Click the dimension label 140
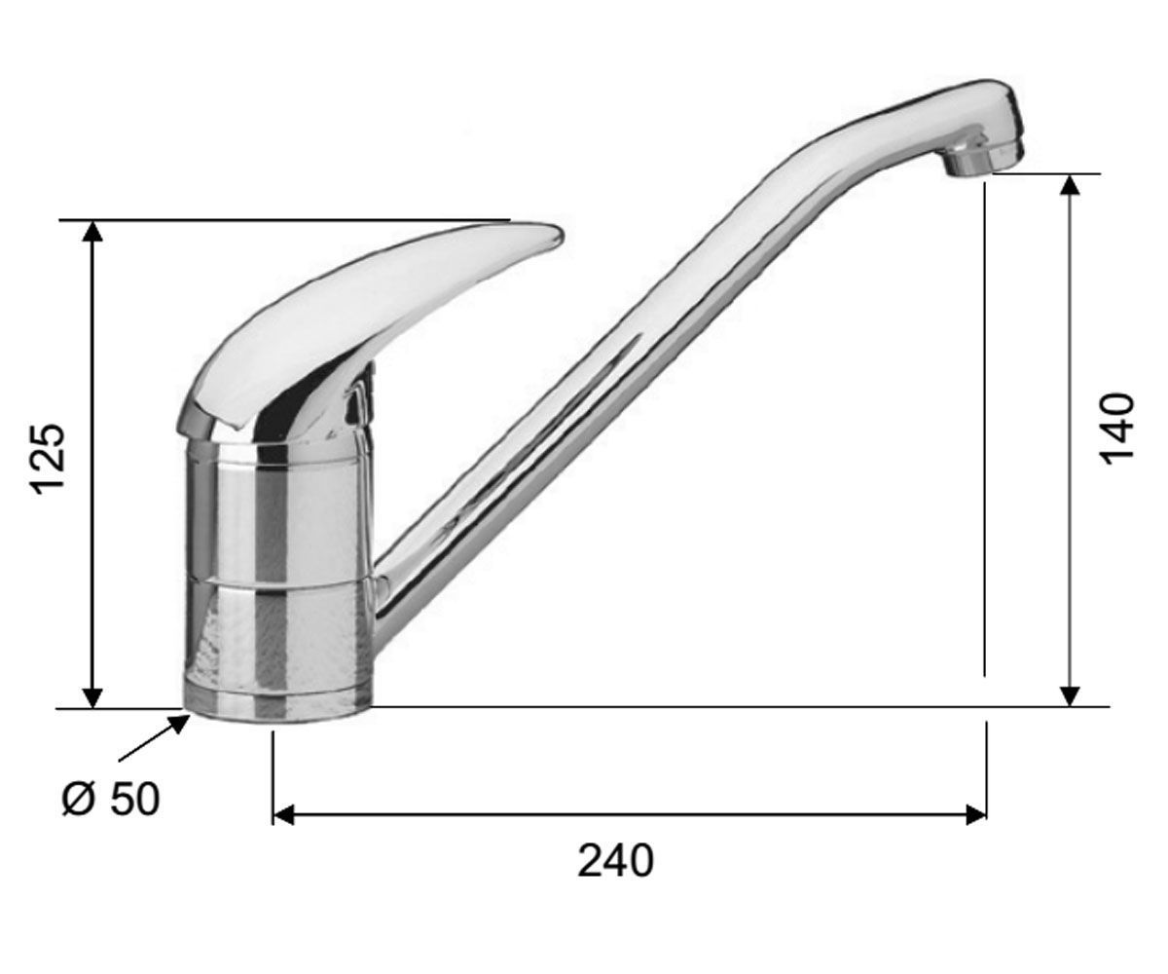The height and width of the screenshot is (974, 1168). coord(1117,430)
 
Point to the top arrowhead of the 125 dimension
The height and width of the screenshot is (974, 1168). coord(92,230)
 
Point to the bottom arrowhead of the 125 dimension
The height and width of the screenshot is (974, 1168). coord(92,697)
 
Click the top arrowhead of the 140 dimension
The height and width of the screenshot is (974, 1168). coord(1070,184)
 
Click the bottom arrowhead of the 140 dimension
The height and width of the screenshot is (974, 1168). coord(1070,695)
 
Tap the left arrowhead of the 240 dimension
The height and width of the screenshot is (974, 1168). coord(283,815)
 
